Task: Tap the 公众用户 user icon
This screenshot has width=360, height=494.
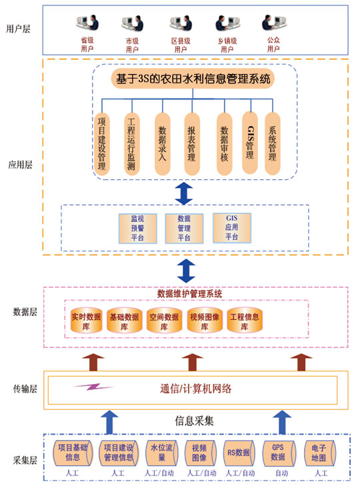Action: click(x=273, y=26)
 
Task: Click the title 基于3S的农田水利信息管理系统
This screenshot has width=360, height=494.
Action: click(x=193, y=79)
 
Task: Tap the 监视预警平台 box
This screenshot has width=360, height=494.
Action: click(x=137, y=228)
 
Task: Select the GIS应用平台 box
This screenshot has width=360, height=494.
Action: click(x=232, y=227)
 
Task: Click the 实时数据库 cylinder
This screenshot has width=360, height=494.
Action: click(x=86, y=322)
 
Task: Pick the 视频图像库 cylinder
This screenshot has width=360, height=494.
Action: click(x=204, y=322)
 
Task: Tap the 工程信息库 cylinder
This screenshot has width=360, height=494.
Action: click(x=243, y=322)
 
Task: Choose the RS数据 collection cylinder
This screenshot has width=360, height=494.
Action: click(x=237, y=453)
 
